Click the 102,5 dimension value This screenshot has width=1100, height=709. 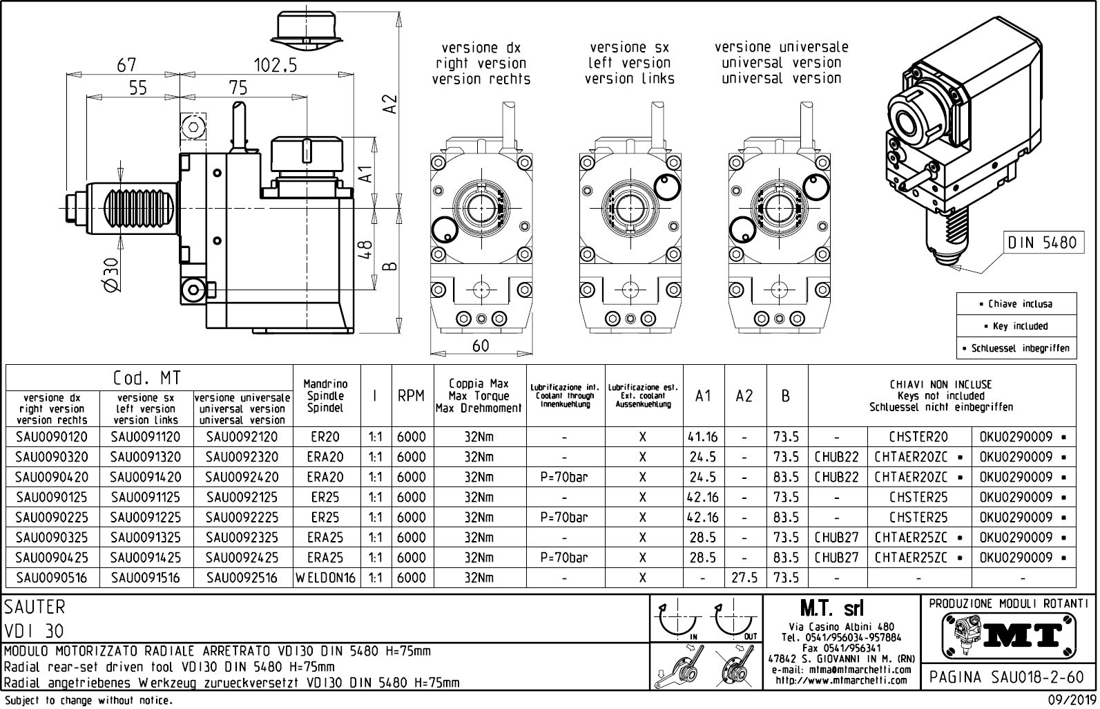pyautogui.click(x=275, y=65)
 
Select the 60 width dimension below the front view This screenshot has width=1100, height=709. pyautogui.click(x=481, y=346)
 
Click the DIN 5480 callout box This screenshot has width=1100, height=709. pyautogui.click(x=1042, y=243)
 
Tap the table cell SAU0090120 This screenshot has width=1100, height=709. pyautogui.click(x=52, y=437)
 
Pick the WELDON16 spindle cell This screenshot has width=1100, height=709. pyautogui.click(x=326, y=578)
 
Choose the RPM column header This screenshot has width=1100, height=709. pyautogui.click(x=411, y=396)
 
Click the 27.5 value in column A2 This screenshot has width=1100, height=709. pyautogui.click(x=744, y=578)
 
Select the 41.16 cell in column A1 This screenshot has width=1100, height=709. pyautogui.click(x=703, y=437)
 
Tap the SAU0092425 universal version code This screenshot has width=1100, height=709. pyautogui.click(x=242, y=558)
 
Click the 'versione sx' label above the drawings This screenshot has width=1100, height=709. pyautogui.click(x=629, y=48)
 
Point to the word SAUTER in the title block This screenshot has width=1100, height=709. pyautogui.click(x=35, y=607)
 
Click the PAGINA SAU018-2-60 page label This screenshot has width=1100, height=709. pyautogui.click(x=1007, y=677)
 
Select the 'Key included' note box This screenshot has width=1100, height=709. pyautogui.click(x=1016, y=326)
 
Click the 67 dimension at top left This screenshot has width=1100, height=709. pyautogui.click(x=126, y=65)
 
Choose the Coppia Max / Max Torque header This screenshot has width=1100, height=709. pyautogui.click(x=479, y=396)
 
